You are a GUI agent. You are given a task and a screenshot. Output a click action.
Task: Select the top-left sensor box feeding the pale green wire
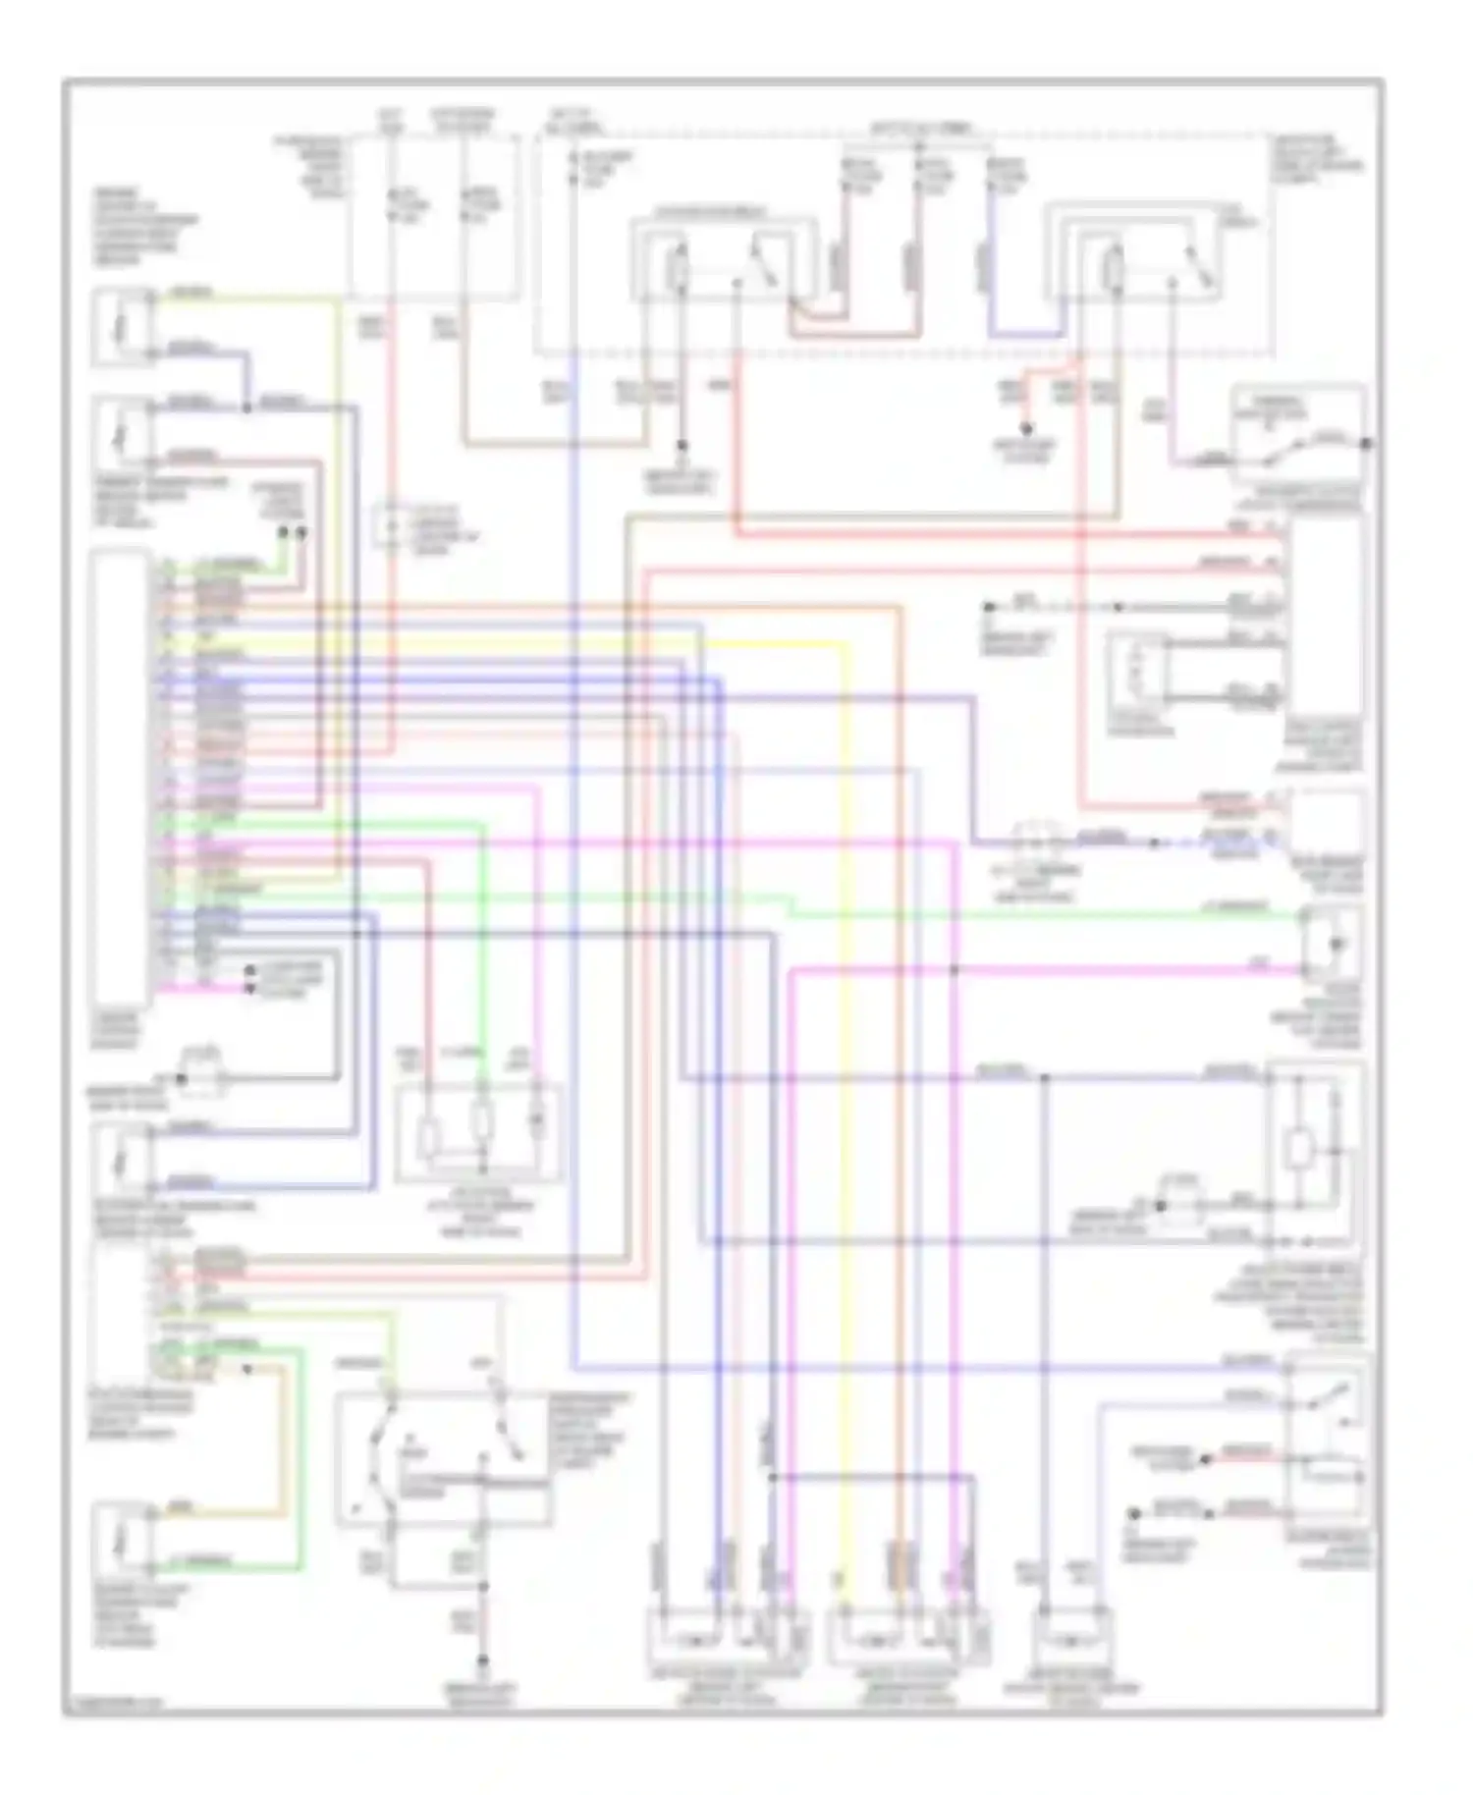[122, 327]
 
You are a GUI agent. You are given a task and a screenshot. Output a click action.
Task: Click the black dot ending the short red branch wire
[1026, 429]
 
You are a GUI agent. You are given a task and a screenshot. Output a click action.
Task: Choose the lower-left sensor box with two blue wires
[122, 1159]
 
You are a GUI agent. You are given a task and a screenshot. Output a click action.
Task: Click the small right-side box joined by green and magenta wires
[1333, 945]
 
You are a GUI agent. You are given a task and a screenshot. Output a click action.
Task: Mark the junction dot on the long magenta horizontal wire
[955, 971]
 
